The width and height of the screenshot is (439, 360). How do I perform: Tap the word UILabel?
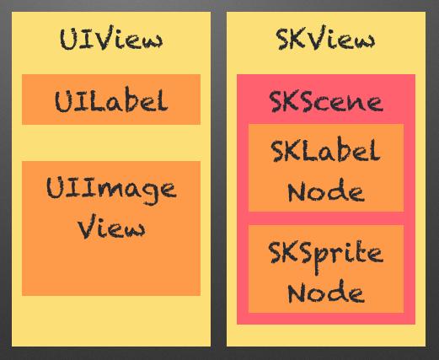[111, 101]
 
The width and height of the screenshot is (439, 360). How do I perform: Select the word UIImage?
[111, 191]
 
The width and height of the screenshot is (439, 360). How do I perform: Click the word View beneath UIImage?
[111, 227]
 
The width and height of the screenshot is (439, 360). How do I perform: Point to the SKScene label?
[326, 101]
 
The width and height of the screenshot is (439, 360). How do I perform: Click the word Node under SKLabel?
[326, 191]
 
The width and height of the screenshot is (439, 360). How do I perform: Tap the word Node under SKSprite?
[326, 292]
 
